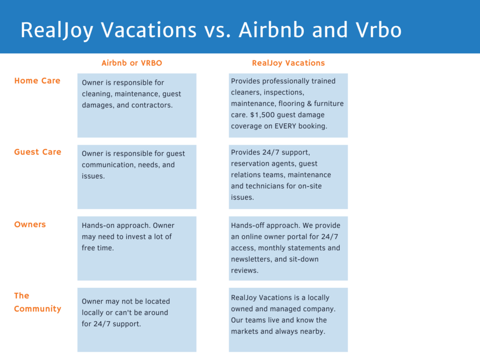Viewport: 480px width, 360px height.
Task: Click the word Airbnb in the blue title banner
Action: (271, 30)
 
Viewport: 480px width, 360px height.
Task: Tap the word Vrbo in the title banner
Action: (378, 30)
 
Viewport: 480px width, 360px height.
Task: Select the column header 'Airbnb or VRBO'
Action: (132, 63)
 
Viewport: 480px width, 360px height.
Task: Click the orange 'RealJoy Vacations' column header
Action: (288, 63)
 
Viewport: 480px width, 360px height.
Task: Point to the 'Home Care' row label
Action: (37, 81)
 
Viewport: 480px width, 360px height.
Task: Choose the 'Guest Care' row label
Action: (37, 152)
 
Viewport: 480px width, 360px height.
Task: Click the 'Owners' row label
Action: (30, 225)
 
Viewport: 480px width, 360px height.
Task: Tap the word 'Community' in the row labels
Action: (37, 309)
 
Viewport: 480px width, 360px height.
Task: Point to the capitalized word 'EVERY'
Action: (285, 126)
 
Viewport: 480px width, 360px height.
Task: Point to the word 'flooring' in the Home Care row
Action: (292, 104)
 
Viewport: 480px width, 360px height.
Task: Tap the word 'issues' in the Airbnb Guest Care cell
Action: (92, 176)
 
